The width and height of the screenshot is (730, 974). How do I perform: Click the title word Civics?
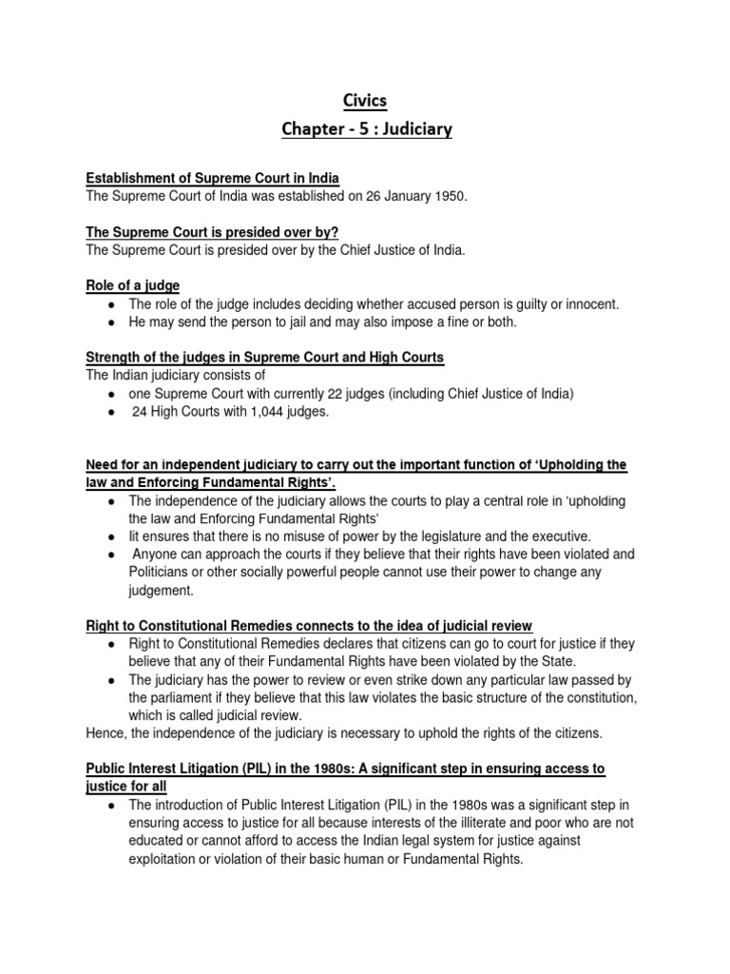pos(364,100)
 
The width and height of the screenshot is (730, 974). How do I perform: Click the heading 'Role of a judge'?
pos(132,285)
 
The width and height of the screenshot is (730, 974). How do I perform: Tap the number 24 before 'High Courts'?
pos(139,411)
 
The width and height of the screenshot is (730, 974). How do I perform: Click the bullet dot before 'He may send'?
pos(112,322)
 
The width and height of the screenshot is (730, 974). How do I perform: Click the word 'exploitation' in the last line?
pos(166,859)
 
